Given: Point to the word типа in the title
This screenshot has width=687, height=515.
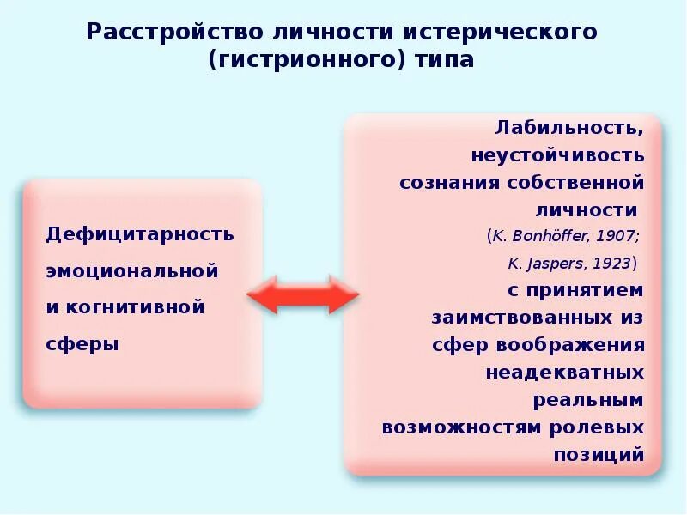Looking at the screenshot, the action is click(443, 61).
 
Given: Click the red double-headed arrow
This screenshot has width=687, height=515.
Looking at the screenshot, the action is click(302, 296).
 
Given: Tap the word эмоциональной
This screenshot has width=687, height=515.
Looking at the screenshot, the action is click(131, 270).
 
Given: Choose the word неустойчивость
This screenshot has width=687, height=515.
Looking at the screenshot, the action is click(556, 155).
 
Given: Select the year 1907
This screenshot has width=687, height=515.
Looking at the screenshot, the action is click(618, 236).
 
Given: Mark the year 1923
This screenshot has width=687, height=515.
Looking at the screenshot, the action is click(613, 264).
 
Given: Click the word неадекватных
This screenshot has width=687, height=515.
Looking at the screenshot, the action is click(564, 373).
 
